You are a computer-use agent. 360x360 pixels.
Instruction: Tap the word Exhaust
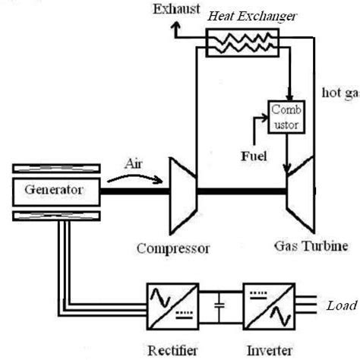[x=175, y=11]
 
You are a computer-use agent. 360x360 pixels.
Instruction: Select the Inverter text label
[x=266, y=351]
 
